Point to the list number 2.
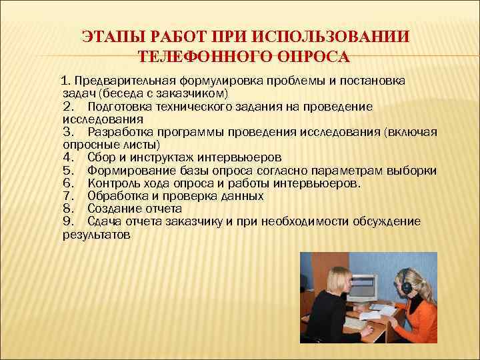pos(68,107)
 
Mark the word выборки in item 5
pos(415,171)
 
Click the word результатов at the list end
pos(97,235)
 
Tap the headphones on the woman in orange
pos(406,283)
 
